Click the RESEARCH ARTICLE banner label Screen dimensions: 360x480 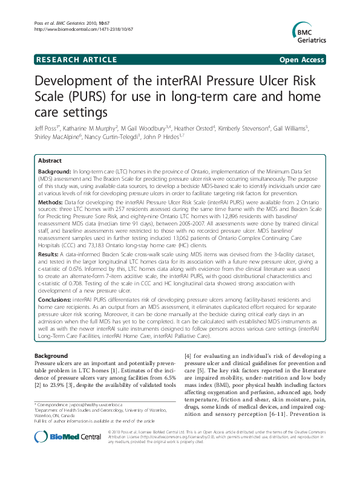(x=77, y=59)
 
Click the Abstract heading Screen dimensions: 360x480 (x=50, y=161)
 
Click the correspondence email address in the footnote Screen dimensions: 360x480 (x=97, y=404)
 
